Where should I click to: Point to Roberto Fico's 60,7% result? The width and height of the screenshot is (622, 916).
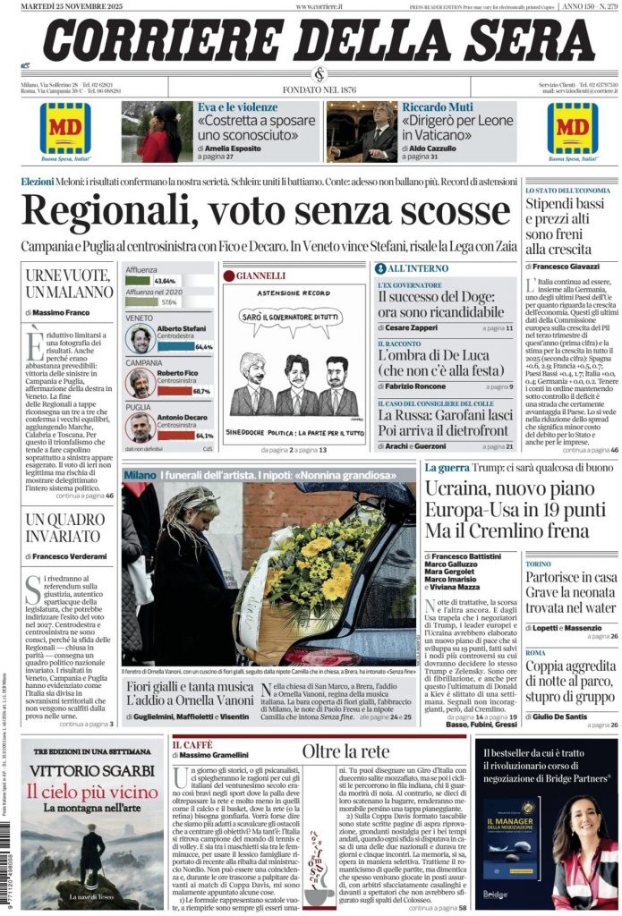click(x=200, y=391)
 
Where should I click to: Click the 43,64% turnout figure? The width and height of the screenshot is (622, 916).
click(x=165, y=281)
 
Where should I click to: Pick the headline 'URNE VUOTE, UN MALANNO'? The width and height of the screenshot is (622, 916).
click(x=70, y=284)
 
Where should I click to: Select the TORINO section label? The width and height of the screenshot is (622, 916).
click(x=539, y=564)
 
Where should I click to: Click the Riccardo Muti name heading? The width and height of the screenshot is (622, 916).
click(x=435, y=107)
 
